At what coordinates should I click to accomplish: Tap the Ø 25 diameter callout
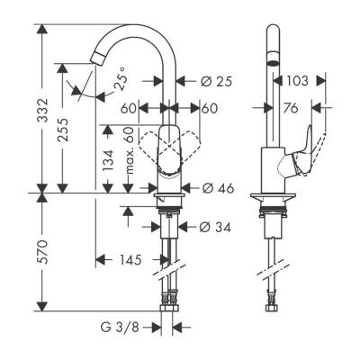[x=216, y=81]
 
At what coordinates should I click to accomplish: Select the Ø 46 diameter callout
[x=218, y=188]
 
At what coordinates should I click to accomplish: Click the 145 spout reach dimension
[x=131, y=261]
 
